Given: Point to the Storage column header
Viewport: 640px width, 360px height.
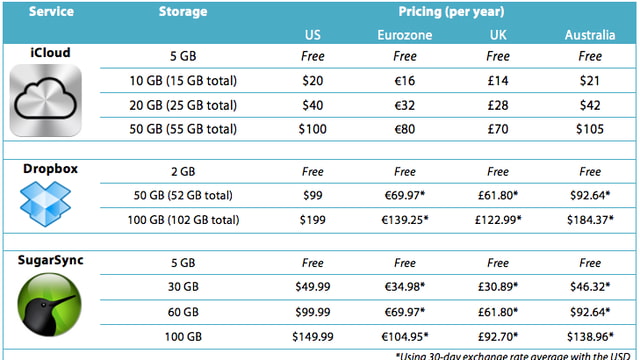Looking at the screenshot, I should tap(183, 13).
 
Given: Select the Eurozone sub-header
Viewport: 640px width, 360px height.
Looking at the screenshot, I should tap(405, 36).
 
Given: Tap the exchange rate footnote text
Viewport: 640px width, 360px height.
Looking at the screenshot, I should tap(516, 353).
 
